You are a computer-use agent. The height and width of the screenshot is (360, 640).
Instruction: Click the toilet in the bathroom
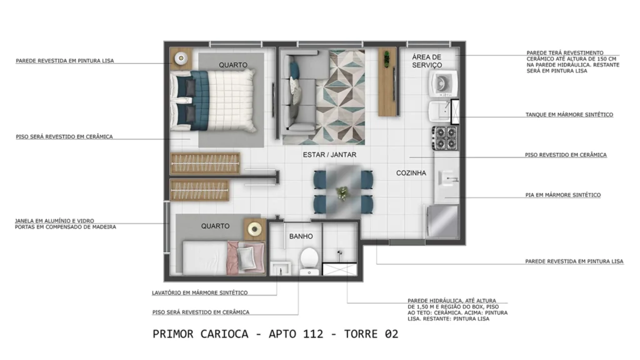[x=309, y=260]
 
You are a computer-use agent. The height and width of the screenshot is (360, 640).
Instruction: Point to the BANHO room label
[x=301, y=237]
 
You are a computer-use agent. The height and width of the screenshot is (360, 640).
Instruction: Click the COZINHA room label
[x=411, y=173]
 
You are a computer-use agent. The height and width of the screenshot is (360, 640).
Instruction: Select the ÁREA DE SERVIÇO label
[x=427, y=61]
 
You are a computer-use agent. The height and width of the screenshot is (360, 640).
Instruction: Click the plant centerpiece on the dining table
[x=342, y=192]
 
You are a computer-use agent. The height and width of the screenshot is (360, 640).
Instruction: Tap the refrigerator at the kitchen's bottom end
[x=444, y=219]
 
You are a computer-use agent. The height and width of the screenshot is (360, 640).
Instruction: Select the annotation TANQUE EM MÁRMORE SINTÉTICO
[x=569, y=115]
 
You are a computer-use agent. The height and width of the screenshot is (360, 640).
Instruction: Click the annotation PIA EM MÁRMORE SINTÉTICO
[x=562, y=195]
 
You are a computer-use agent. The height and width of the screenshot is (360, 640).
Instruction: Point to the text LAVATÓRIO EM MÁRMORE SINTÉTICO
[x=200, y=292]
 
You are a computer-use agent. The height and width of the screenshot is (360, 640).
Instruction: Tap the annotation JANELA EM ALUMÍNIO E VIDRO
[x=54, y=221]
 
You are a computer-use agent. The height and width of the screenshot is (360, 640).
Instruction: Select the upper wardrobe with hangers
[x=205, y=163]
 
